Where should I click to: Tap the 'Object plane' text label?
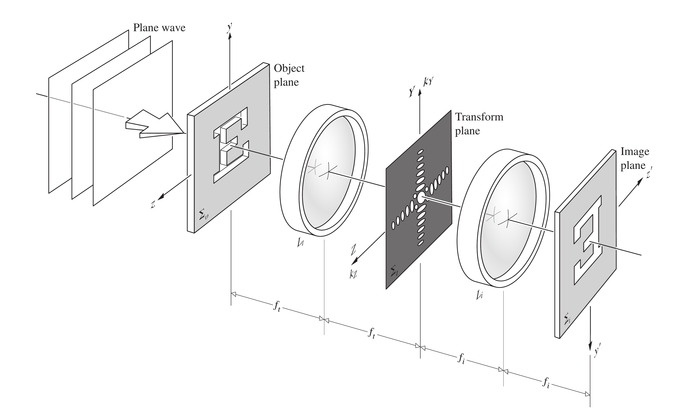point(289,75)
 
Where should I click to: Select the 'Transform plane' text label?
point(479,124)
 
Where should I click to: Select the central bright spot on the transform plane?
point(421,197)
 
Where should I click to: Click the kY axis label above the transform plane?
point(429,82)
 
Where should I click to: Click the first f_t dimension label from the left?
point(277,306)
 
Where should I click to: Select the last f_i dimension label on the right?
point(545,383)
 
